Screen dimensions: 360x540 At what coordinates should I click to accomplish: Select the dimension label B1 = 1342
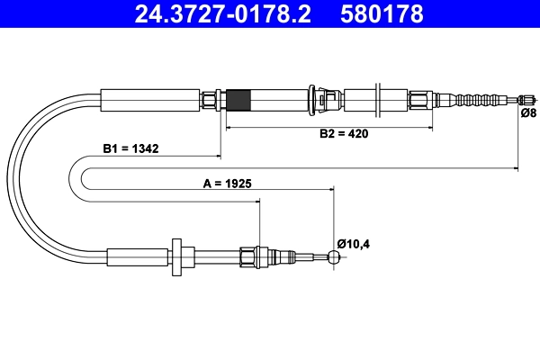point(130,149)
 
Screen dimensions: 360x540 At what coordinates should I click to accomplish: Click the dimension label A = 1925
point(227,183)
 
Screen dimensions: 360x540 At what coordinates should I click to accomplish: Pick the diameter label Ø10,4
point(355,242)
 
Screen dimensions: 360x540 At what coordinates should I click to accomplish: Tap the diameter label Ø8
point(529,113)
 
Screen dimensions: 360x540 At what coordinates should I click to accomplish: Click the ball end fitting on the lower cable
point(334,257)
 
